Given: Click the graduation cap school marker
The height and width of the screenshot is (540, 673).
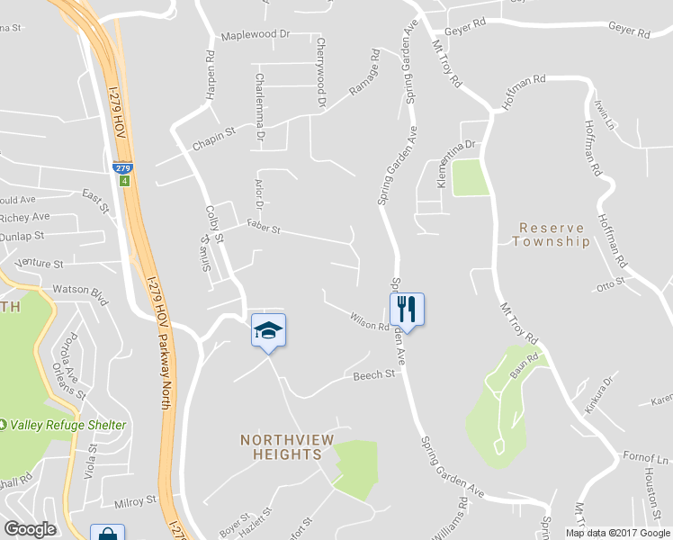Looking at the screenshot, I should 267,330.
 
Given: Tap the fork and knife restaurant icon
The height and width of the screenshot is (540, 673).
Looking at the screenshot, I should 407,310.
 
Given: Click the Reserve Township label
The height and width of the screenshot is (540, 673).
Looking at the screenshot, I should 552,235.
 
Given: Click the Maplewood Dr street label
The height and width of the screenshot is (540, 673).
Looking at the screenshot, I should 256,35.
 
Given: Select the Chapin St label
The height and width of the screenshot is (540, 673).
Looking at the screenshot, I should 213,131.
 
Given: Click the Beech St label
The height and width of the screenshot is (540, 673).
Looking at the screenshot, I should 374,373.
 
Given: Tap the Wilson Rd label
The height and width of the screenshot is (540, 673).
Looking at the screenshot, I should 370,319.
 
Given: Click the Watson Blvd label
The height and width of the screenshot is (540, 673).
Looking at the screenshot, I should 80,292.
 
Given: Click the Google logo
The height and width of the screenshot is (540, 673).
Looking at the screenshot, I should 30,529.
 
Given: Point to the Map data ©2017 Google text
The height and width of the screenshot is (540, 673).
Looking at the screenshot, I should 617,533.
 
